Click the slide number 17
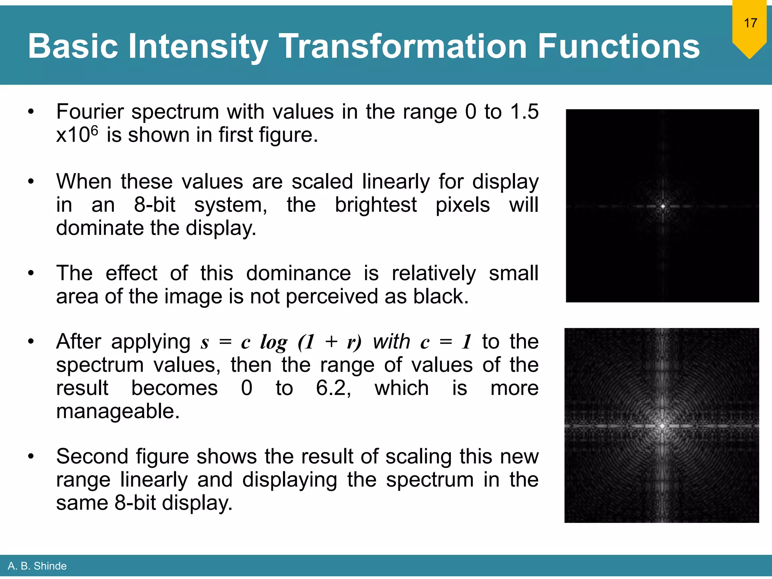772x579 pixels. pyautogui.click(x=750, y=23)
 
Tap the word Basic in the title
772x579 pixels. pyautogui.click(x=73, y=46)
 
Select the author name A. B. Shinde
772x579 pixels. pyautogui.click(x=37, y=566)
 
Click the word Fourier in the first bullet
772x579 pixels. pyautogui.click(x=90, y=112)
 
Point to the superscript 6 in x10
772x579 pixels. pyautogui.click(x=94, y=130)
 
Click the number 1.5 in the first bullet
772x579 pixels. pyautogui.click(x=524, y=112)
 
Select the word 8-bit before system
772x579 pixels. pyautogui.click(x=155, y=205)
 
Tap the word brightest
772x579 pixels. pyautogui.click(x=375, y=205)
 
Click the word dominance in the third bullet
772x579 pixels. pyautogui.click(x=298, y=273)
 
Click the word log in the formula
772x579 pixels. pyautogui.click(x=274, y=342)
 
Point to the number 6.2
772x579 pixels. pyautogui.click(x=333, y=388)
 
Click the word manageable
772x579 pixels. pyautogui.click(x=118, y=411)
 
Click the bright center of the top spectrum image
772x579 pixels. pyautogui.click(x=663, y=206)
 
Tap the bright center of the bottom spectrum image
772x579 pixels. pyautogui.click(x=662, y=426)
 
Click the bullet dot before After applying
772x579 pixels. pyautogui.click(x=31, y=342)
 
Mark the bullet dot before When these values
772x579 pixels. pyautogui.click(x=31, y=182)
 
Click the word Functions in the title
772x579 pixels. pyautogui.click(x=618, y=46)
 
